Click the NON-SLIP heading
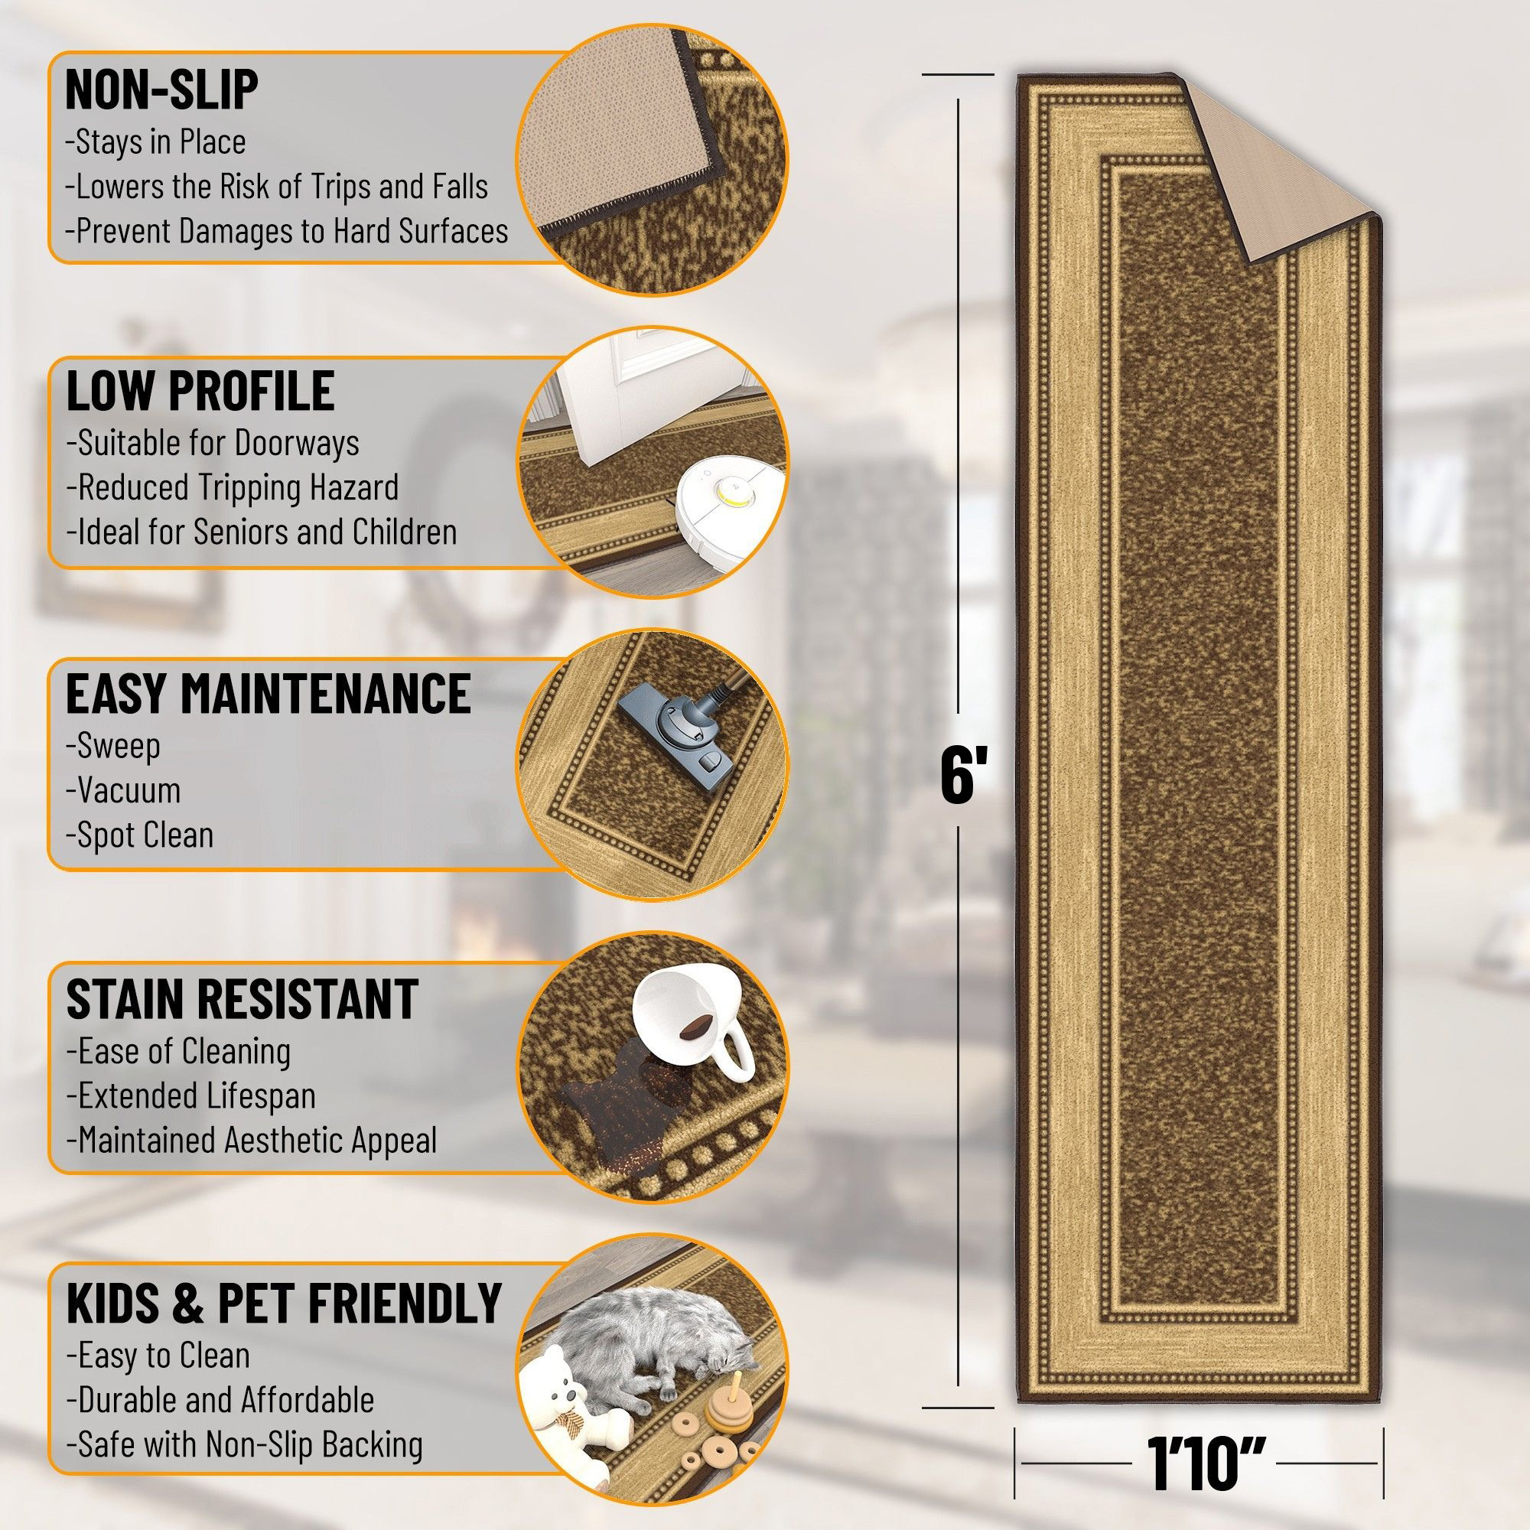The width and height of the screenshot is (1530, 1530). (161, 89)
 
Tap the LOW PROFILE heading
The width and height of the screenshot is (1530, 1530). (200, 390)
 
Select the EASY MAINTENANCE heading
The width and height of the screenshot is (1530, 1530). (268, 694)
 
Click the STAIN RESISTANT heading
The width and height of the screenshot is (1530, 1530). (243, 998)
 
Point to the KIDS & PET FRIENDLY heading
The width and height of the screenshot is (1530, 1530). (284, 1303)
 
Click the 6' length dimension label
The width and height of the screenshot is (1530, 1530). (962, 776)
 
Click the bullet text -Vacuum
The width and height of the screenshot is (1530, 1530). (125, 790)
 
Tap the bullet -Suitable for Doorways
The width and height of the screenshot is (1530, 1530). (212, 443)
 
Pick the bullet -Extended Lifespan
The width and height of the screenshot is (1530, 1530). (190, 1096)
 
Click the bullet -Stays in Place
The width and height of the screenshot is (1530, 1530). (155, 142)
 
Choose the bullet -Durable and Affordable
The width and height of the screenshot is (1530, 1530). (220, 1400)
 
